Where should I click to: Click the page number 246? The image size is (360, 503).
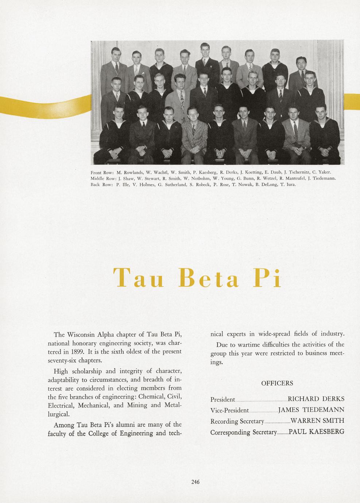click(x=195, y=482)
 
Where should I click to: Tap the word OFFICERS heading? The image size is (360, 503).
click(x=277, y=383)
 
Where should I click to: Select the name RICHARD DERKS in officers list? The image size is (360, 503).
click(x=316, y=399)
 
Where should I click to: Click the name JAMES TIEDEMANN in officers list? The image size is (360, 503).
click(x=311, y=410)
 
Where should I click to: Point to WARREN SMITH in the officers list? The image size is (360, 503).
click(x=317, y=421)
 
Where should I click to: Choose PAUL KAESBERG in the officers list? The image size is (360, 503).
click(x=316, y=432)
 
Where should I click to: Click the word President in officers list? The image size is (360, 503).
click(x=222, y=399)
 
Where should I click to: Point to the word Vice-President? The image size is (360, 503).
click(x=229, y=410)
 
